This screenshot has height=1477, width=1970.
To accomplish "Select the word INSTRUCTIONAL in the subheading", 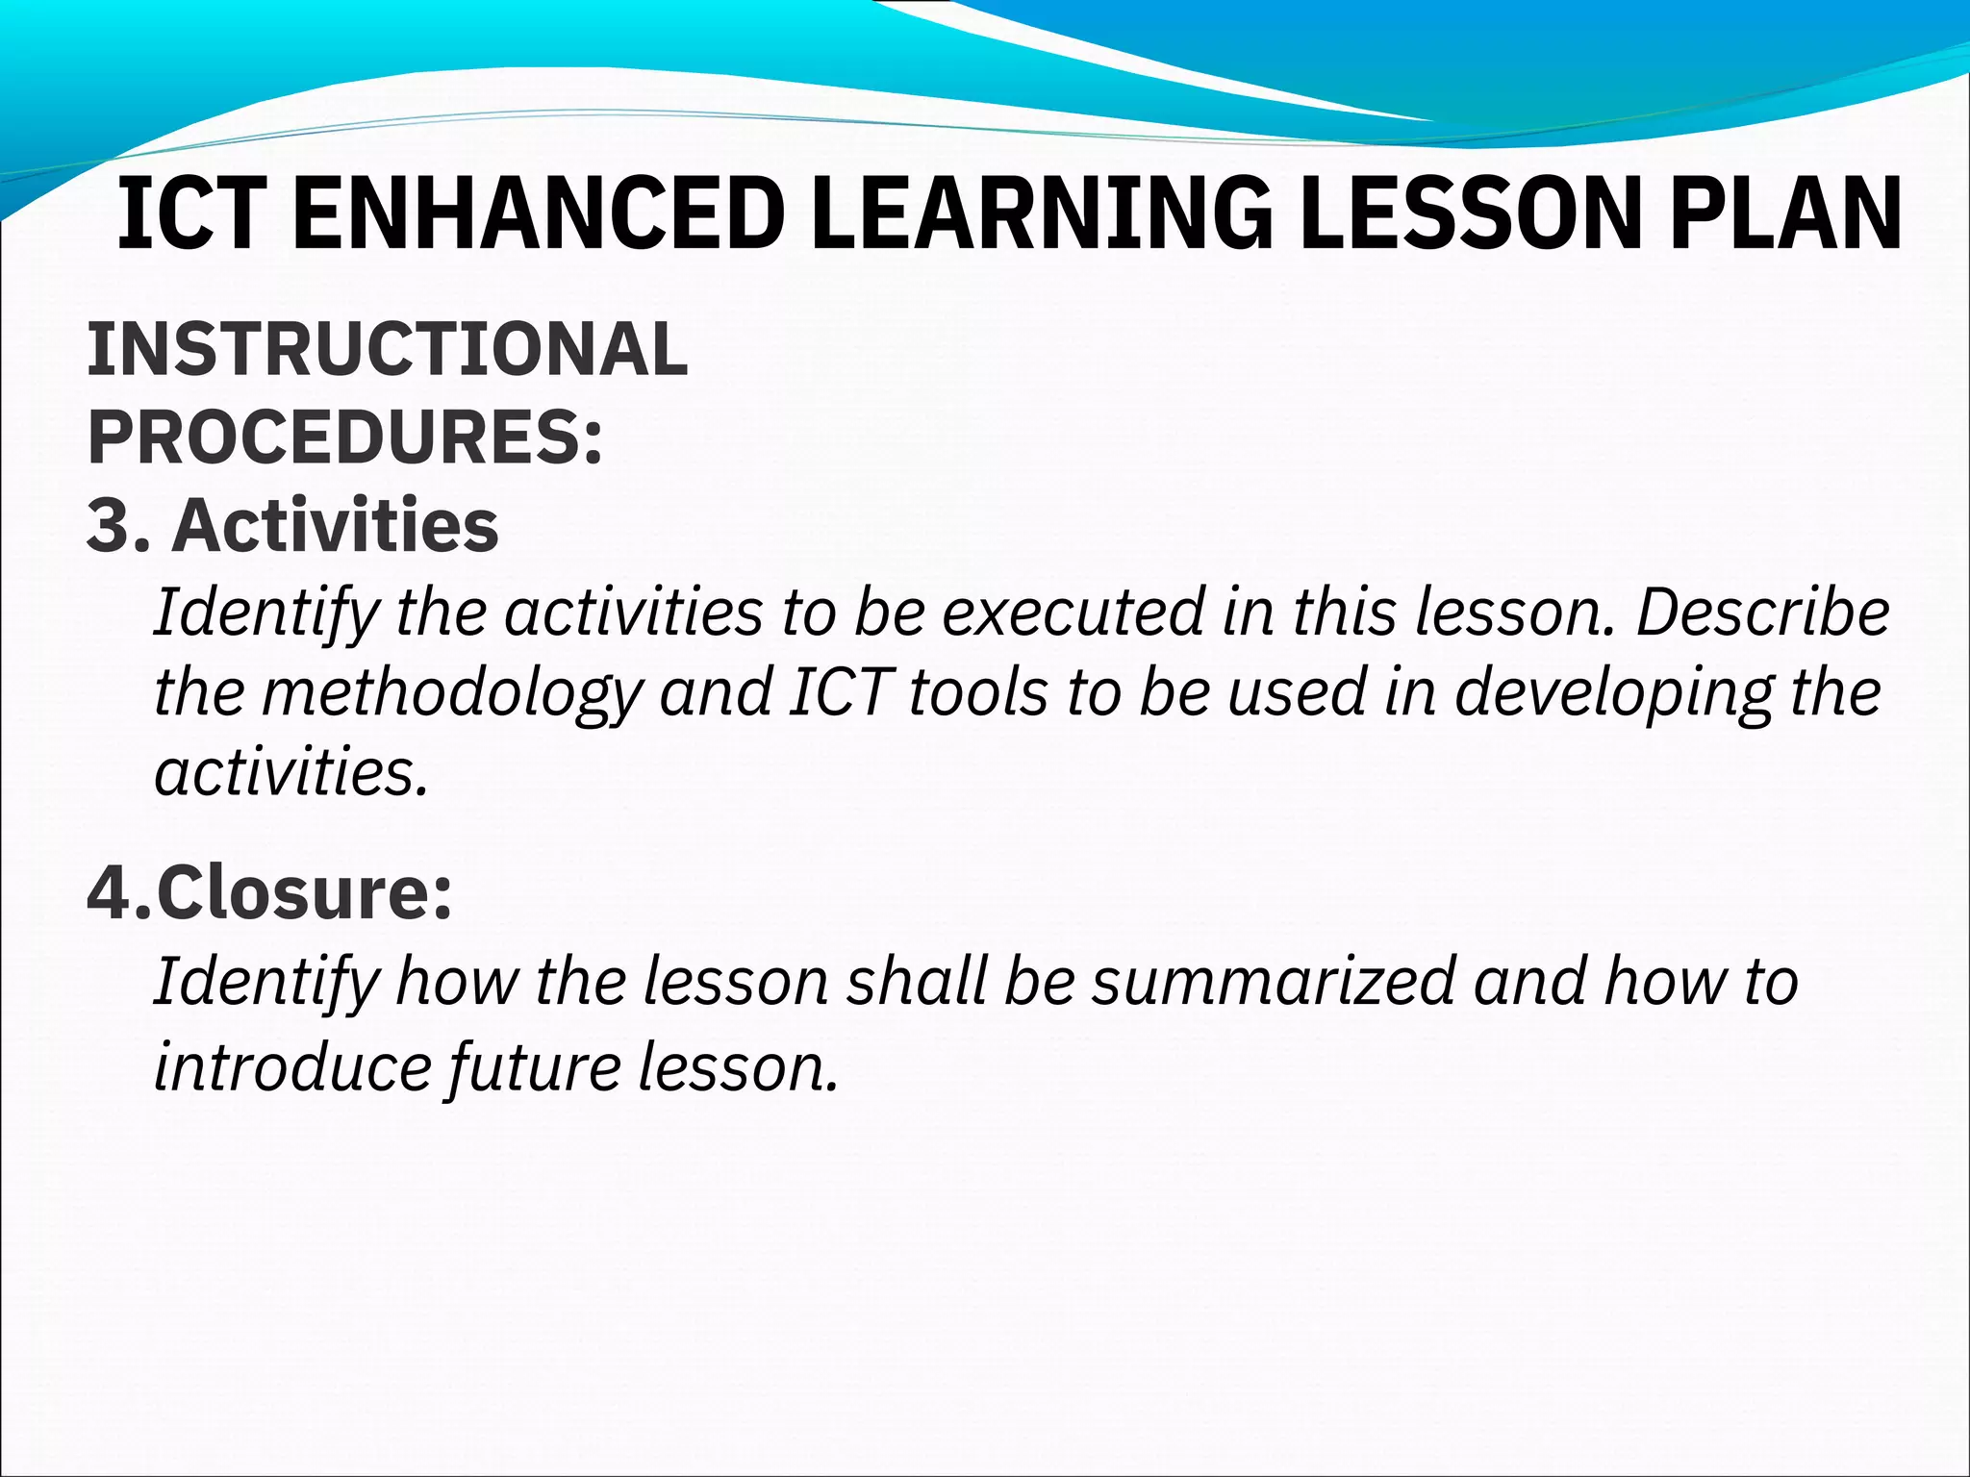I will coord(388,349).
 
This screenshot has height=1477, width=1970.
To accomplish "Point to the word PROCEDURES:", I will coord(345,438).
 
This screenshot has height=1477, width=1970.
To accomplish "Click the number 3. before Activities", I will coord(117,526).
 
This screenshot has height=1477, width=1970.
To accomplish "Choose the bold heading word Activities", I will coord(336,526).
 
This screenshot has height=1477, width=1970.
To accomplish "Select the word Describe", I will coord(1762,613).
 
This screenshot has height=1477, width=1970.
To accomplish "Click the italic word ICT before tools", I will coord(836,693).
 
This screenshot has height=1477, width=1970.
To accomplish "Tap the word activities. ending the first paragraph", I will coord(290,773).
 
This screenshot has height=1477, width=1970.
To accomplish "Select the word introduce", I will coord(291,1067).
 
